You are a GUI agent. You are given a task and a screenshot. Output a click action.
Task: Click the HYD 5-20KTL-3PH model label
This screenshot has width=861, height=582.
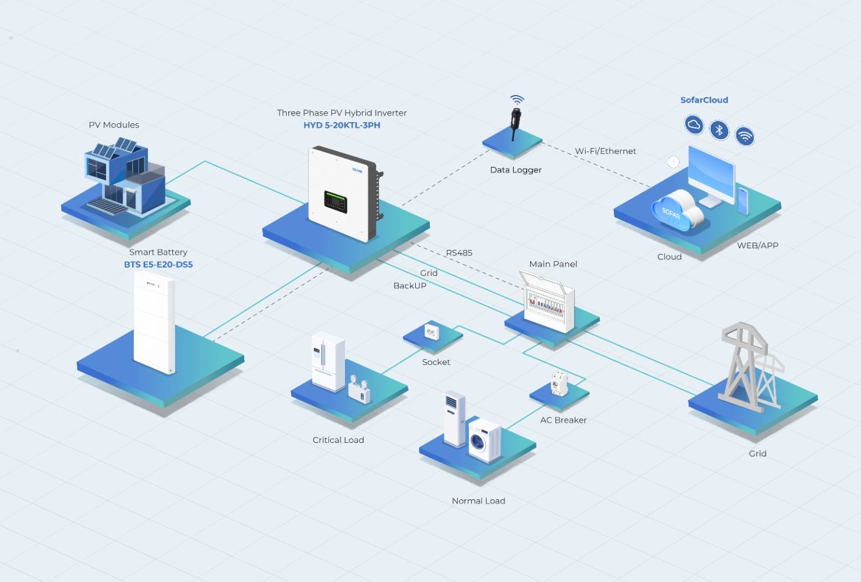click(341, 126)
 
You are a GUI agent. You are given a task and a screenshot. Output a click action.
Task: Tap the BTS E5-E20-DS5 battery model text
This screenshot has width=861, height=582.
click(159, 265)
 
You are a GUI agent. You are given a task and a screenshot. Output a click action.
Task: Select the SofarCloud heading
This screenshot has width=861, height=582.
click(704, 100)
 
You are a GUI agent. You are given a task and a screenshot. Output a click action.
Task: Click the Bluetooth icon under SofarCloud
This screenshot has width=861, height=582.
click(719, 130)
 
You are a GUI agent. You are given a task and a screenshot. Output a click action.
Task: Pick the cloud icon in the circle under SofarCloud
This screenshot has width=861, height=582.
click(694, 124)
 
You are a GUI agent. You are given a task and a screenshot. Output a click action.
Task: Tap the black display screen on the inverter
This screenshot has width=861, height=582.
click(336, 202)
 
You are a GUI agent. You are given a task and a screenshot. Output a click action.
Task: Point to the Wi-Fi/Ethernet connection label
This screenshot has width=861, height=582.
click(605, 151)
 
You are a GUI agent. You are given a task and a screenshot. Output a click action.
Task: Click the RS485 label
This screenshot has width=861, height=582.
click(459, 253)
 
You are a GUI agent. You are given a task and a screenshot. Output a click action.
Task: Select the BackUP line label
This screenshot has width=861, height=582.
click(410, 285)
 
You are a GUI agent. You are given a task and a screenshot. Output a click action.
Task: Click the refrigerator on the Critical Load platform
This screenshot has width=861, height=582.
click(327, 361)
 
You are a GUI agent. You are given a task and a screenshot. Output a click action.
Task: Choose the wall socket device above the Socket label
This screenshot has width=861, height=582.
click(432, 332)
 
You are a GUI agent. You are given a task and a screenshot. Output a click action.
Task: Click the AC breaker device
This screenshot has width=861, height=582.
click(559, 383)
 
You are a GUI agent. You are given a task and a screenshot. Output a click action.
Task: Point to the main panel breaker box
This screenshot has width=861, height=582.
click(547, 301)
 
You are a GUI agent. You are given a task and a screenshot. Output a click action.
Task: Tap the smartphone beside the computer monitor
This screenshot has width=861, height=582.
click(743, 201)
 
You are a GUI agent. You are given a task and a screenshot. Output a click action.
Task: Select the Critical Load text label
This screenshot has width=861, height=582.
click(339, 440)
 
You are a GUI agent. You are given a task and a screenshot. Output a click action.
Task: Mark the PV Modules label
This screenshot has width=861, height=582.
click(114, 125)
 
